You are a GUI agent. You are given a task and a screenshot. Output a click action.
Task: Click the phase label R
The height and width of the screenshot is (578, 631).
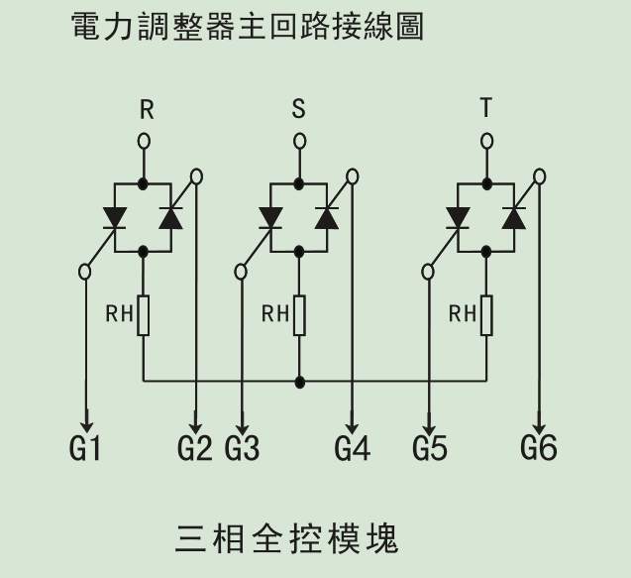147,109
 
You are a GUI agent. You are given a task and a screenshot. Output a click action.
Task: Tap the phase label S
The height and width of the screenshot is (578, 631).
299,109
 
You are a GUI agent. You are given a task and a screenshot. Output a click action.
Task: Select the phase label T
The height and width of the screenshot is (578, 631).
485,108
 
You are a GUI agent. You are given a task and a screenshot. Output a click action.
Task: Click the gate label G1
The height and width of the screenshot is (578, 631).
86,448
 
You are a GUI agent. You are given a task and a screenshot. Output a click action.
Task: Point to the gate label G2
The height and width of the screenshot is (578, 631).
195,448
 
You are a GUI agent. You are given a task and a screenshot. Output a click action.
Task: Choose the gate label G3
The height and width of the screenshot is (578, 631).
243,448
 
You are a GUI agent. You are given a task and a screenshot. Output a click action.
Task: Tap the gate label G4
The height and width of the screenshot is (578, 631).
352,448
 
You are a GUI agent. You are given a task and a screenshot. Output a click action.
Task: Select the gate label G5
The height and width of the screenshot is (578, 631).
430,448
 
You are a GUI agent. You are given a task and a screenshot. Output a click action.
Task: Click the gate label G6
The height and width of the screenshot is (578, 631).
539,448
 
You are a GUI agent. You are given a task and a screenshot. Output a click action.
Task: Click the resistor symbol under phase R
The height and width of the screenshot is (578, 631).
144,315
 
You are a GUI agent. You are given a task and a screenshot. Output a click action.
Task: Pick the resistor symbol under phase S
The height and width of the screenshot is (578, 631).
299,315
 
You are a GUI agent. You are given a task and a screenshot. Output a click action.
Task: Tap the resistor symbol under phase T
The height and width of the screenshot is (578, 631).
486,315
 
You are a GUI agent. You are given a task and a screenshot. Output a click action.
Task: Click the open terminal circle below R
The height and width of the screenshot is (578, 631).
144,141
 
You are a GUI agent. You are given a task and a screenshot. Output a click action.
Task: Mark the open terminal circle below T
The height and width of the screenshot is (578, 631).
486,141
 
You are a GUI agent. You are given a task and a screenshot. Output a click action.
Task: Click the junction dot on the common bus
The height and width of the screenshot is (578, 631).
300,382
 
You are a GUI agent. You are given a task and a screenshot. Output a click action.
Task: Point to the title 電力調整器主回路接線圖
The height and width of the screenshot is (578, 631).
248,27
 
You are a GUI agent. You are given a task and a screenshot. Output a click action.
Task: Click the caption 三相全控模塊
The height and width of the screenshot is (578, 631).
287,539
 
